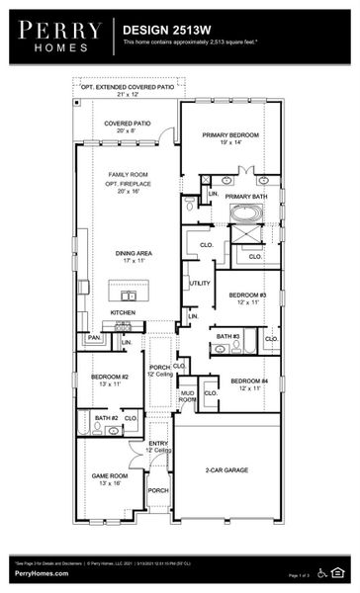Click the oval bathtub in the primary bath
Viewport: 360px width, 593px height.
pyautogui.click(x=243, y=212)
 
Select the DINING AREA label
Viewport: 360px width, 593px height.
pyautogui.click(x=128, y=254)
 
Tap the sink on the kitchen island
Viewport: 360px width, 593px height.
pyautogui.click(x=128, y=295)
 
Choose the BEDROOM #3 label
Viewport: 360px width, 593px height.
pyautogui.click(x=247, y=296)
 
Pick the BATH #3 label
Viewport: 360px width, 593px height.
pyautogui.click(x=226, y=336)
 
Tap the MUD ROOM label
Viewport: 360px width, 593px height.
pyautogui.click(x=187, y=396)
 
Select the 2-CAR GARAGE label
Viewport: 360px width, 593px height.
pyautogui.click(x=226, y=470)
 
